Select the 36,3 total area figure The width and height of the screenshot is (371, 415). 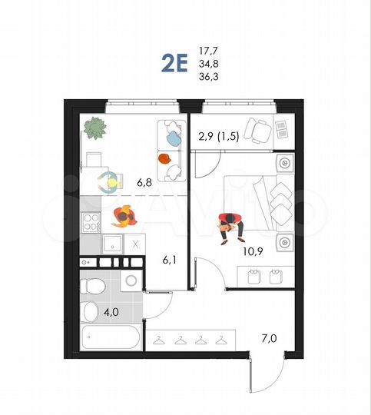207,77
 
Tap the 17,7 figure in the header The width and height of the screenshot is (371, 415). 207,49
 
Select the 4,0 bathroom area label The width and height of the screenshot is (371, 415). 111,312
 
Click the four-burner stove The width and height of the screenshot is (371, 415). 91,223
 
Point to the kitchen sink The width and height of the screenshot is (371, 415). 112,245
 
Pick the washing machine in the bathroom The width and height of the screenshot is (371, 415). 131,281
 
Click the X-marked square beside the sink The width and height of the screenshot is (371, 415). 135,245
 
